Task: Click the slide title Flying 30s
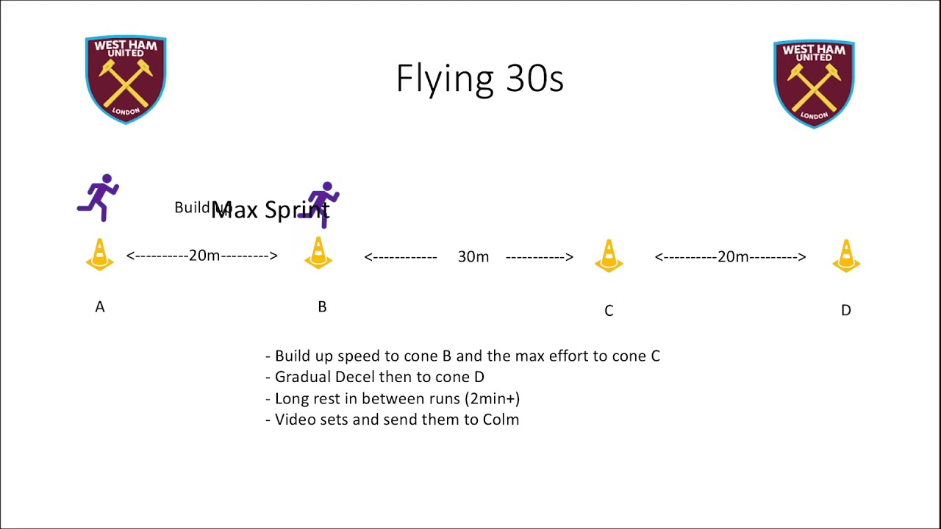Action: pos(479,79)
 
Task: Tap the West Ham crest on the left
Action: pos(126,79)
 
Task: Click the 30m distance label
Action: pos(473,256)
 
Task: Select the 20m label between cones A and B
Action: pos(204,256)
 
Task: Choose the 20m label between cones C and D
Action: pos(732,256)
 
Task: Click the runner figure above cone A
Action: pos(99,197)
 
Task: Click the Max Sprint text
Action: pos(270,210)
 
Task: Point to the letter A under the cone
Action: pos(100,307)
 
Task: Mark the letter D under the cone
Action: pos(846,311)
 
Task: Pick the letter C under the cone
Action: pos(609,311)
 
